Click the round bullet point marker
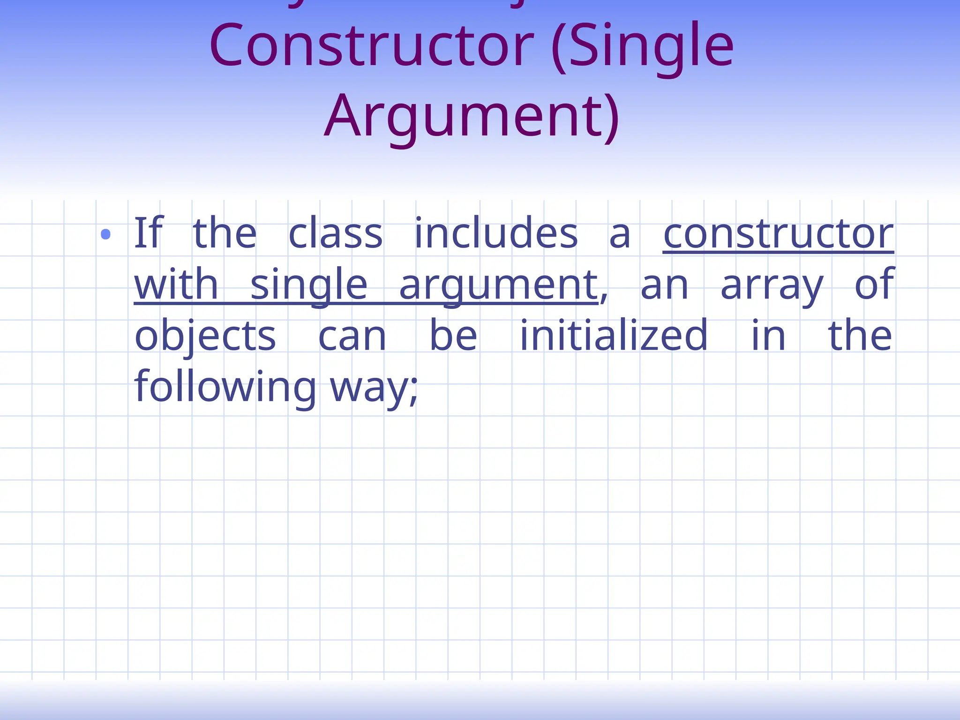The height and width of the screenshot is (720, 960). (x=105, y=234)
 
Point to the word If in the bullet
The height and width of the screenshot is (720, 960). (x=148, y=233)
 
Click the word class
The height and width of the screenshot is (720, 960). (x=335, y=234)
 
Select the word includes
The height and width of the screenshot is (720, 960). (x=496, y=233)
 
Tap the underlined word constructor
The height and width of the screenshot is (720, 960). (x=778, y=234)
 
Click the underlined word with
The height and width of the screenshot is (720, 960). (x=176, y=285)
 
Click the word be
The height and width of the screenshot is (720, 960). (x=453, y=336)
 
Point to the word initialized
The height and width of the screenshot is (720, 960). (x=614, y=336)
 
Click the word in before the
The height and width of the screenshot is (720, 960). (x=768, y=336)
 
